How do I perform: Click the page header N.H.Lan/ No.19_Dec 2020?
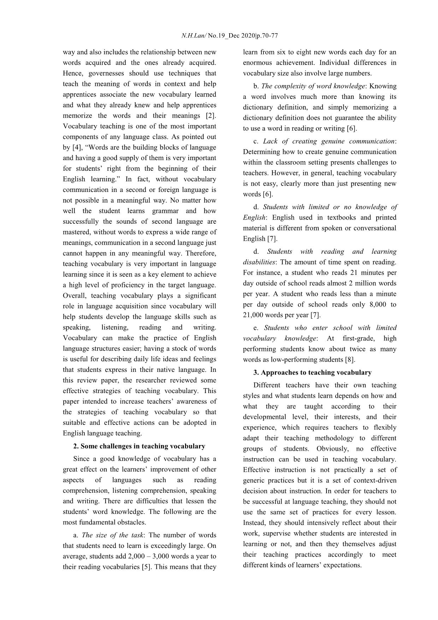point(229,36)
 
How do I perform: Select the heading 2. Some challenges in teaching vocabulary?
point(139,446)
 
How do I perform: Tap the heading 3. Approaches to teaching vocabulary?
point(312,372)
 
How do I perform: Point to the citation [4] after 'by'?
point(76,147)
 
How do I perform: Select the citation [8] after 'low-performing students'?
point(350,360)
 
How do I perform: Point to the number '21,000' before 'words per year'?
point(253,315)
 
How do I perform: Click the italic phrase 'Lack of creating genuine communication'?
point(328,141)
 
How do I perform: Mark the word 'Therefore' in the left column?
point(200,253)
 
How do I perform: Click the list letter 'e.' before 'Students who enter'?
point(256,328)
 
